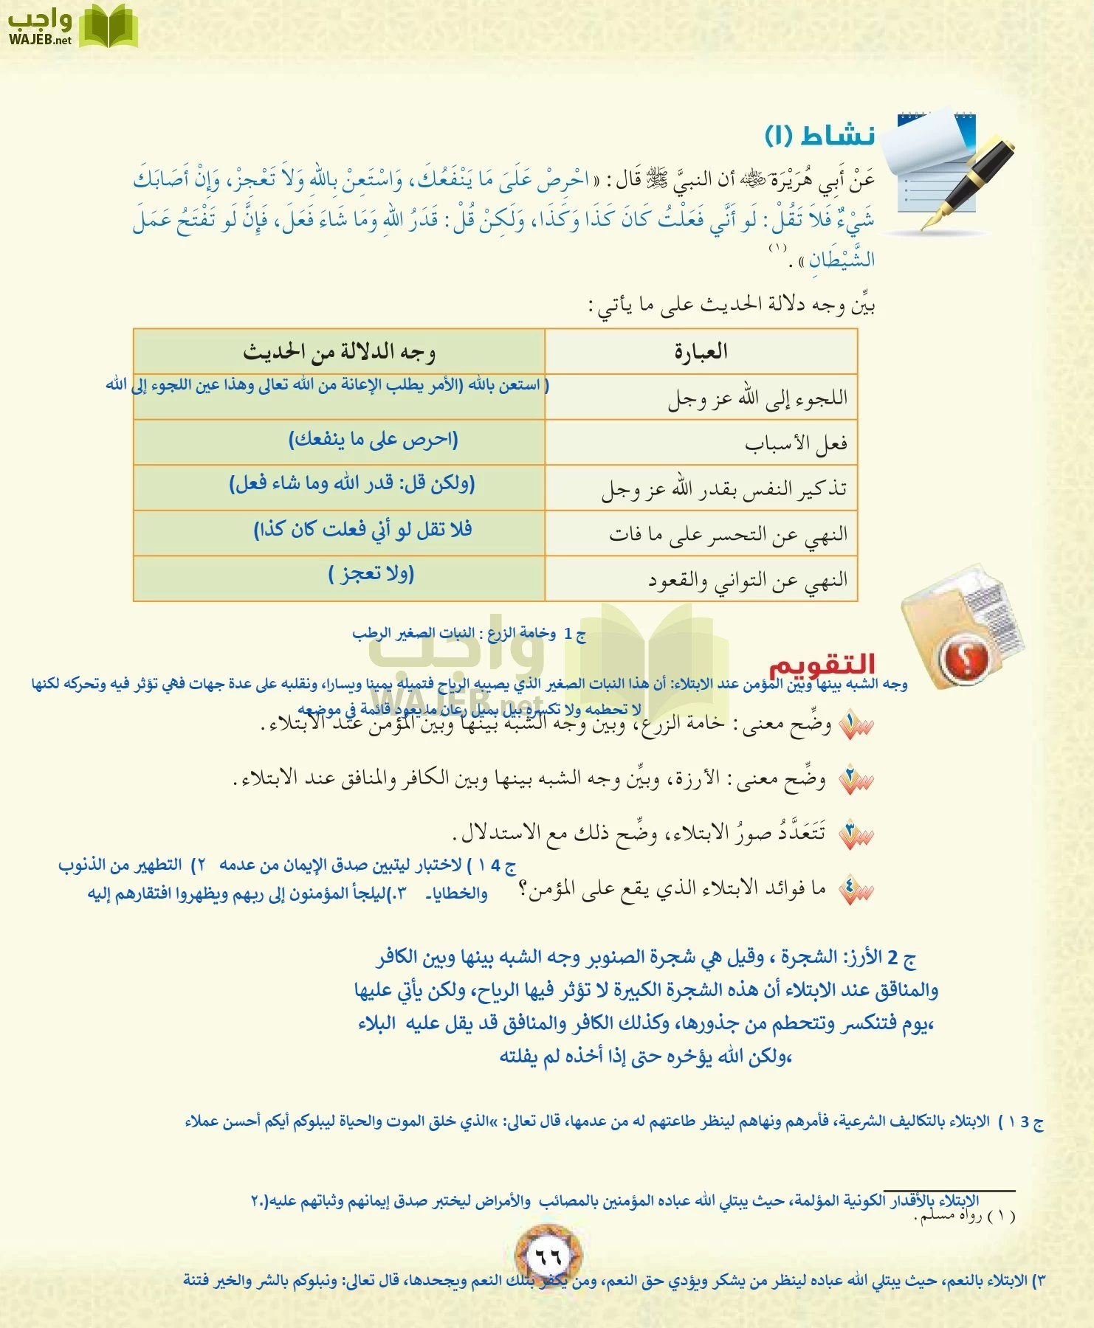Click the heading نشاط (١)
(x=819, y=135)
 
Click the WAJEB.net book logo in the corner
(x=109, y=27)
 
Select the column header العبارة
(x=701, y=351)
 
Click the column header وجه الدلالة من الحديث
(x=339, y=352)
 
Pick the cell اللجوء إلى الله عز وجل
(x=757, y=398)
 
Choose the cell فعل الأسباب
(x=796, y=443)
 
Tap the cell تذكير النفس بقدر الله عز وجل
(x=723, y=488)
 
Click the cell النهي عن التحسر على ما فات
(x=728, y=534)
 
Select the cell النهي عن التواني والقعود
(x=748, y=580)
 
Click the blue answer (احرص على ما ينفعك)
(x=373, y=440)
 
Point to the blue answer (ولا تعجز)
(x=371, y=574)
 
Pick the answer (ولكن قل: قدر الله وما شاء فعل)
(x=352, y=484)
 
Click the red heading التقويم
(x=821, y=665)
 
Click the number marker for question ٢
(x=856, y=780)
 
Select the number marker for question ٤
(x=856, y=890)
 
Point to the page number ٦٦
(x=548, y=1256)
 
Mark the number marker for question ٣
(x=856, y=834)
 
